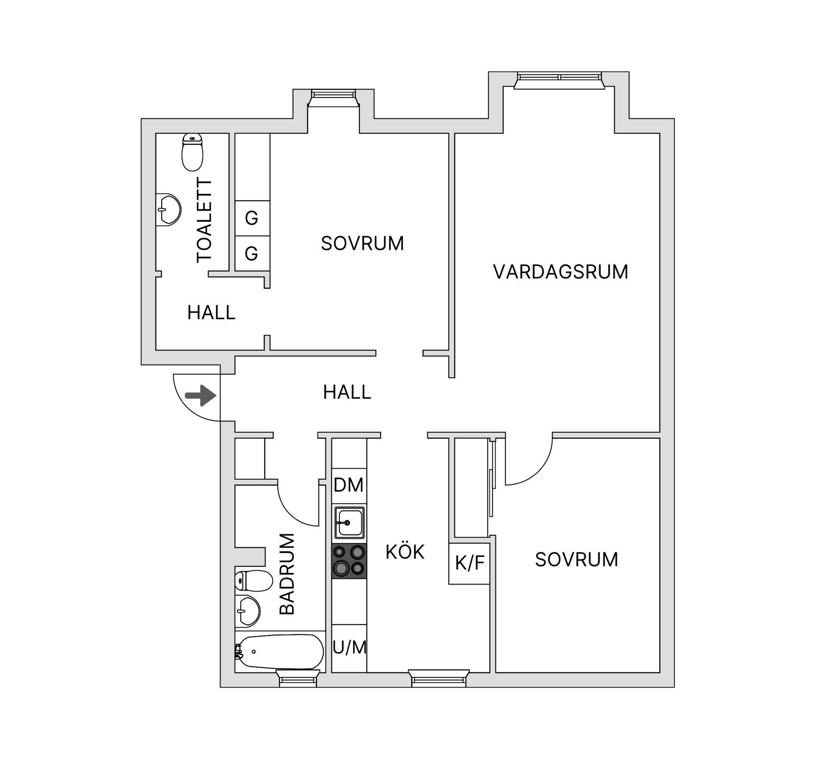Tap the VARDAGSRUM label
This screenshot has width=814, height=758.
(x=560, y=272)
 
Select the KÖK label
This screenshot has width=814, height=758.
(x=404, y=552)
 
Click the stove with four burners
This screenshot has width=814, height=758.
(x=349, y=561)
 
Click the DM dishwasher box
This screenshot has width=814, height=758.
(x=348, y=485)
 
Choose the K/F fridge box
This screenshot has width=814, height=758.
(x=469, y=563)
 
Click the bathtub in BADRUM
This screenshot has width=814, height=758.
(x=280, y=652)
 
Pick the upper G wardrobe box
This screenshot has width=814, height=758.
(x=252, y=218)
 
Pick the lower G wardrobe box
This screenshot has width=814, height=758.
(x=252, y=254)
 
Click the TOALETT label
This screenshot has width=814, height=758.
(x=204, y=221)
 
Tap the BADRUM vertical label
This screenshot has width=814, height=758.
(x=287, y=574)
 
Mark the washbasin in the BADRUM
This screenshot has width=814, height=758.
(x=248, y=611)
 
